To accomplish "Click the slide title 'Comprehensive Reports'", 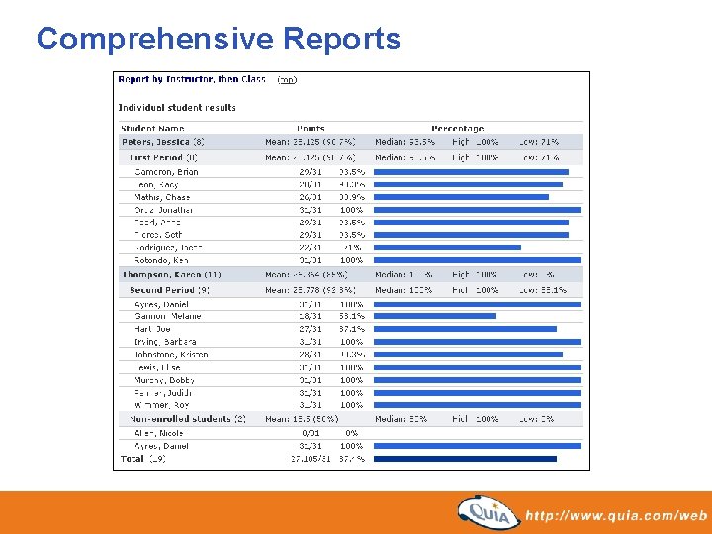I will tap(219, 39).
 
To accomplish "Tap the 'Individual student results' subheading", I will tap(177, 107).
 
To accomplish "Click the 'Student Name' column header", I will tap(152, 129).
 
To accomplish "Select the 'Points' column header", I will tap(311, 129).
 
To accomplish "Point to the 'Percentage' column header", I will tap(457, 129).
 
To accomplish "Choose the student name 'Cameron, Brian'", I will tap(166, 172).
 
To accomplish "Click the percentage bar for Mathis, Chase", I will tap(462, 197).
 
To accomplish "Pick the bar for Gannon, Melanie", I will tap(436, 316).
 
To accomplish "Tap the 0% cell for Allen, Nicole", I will tap(351, 433).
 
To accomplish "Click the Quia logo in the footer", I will tap(489, 512).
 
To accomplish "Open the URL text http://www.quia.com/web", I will tap(615, 515).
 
